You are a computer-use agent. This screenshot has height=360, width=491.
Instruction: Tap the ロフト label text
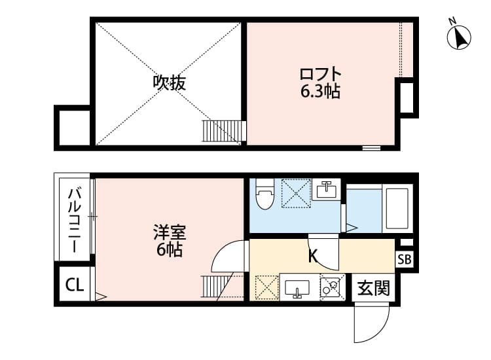[321, 73]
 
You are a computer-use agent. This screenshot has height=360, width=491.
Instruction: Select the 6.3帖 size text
[320, 92]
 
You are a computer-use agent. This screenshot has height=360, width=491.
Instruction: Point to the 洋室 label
[170, 232]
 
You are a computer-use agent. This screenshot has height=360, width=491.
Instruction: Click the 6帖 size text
[169, 249]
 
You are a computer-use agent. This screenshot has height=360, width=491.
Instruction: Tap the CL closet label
[74, 285]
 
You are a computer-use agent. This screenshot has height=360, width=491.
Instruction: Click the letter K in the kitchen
[313, 256]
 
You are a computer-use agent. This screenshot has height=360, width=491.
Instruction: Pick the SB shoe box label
[404, 259]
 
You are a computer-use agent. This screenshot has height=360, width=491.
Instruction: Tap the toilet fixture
[265, 194]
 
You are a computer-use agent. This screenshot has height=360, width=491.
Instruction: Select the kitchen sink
[299, 288]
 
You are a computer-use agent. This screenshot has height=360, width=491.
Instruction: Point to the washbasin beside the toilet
[325, 190]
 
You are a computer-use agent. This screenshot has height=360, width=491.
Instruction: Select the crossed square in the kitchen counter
[266, 287]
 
